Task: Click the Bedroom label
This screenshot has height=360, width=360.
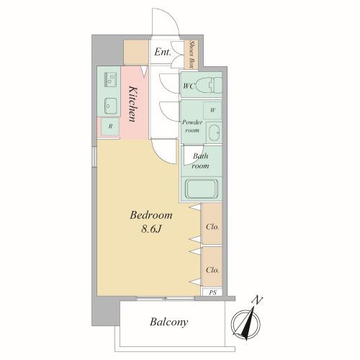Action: click(151, 215)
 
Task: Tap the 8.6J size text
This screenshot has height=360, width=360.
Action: click(151, 229)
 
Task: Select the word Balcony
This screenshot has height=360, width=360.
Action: click(168, 322)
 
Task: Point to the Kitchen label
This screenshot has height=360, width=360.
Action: click(133, 104)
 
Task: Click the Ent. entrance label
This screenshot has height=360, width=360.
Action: click(163, 52)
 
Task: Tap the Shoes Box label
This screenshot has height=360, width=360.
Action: click(192, 55)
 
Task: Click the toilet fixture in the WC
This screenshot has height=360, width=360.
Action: click(209, 85)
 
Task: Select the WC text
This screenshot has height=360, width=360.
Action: click(189, 86)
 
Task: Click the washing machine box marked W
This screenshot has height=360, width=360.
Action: click(212, 110)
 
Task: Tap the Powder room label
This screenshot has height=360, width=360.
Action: click(192, 126)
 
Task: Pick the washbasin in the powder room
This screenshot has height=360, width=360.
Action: click(214, 132)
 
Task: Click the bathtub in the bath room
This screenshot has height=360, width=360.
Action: click(202, 189)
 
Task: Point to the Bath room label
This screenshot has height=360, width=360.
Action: click(200, 161)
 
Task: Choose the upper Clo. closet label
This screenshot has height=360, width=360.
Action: click(212, 227)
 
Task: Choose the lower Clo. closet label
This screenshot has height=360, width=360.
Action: click(212, 270)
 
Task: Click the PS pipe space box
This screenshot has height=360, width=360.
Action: click(212, 292)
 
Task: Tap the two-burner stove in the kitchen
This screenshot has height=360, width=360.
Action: click(110, 80)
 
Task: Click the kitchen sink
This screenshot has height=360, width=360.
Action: click(110, 107)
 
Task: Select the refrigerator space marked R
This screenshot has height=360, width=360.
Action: click(110, 126)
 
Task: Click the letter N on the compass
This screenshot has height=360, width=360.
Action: click(258, 300)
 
